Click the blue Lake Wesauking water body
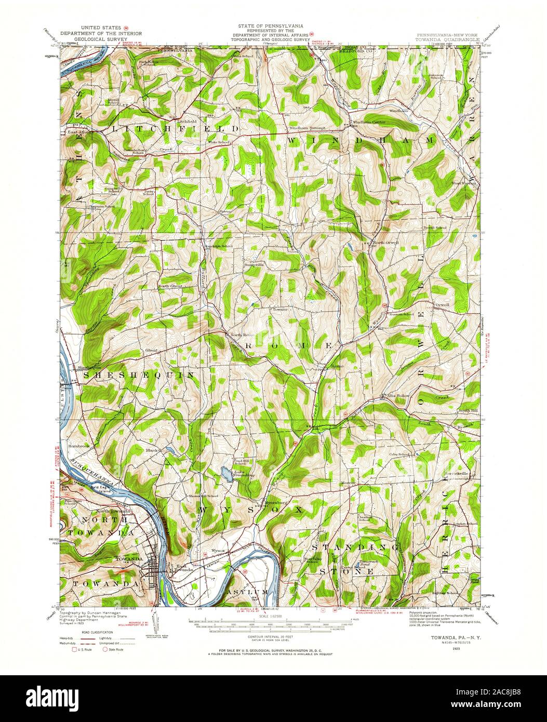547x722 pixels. (226, 473)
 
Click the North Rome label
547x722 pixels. (239, 335)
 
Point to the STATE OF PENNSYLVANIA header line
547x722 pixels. (271, 25)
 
